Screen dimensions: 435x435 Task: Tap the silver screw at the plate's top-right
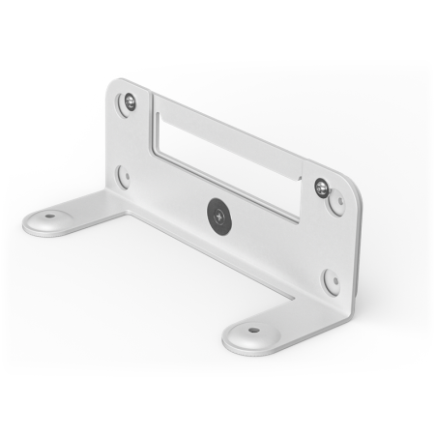321,187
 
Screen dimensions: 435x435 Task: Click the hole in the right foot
253,330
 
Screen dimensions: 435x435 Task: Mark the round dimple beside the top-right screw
337,202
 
